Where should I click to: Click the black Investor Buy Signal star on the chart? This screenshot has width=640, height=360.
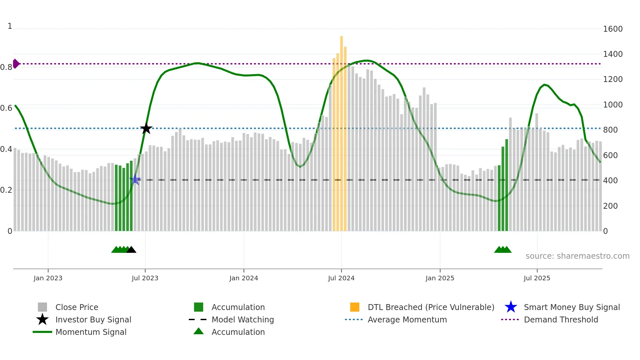point(146,129)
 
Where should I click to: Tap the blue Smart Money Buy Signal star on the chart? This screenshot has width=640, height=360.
point(135,179)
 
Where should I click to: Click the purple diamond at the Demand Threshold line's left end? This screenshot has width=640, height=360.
point(16,64)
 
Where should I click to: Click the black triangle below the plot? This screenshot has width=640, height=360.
point(131,250)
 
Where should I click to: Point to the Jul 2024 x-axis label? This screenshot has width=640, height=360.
point(341,278)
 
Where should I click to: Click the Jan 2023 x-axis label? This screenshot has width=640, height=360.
point(48,278)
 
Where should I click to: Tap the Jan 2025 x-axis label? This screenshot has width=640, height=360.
point(440,278)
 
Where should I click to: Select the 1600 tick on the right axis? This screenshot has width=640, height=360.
point(613,29)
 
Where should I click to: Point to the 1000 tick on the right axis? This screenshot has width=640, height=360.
point(613,105)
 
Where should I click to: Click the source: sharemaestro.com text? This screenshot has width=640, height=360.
point(577,256)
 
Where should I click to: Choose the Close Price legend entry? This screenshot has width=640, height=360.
point(77,307)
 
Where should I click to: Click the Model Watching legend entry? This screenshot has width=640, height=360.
point(243,319)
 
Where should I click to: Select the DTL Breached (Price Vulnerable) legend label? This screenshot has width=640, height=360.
point(431,307)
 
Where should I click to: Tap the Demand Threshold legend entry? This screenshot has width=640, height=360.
point(561,319)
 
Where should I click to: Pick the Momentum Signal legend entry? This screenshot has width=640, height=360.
point(91,332)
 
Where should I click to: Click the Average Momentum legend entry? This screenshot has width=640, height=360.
point(407,319)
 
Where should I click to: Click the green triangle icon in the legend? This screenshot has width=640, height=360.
point(199,331)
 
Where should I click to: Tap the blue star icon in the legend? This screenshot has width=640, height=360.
point(511,307)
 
